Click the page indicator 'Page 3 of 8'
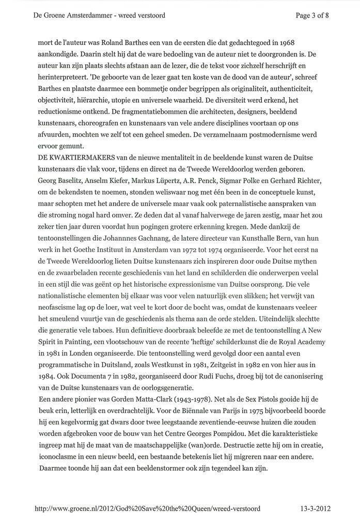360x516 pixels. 312,15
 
